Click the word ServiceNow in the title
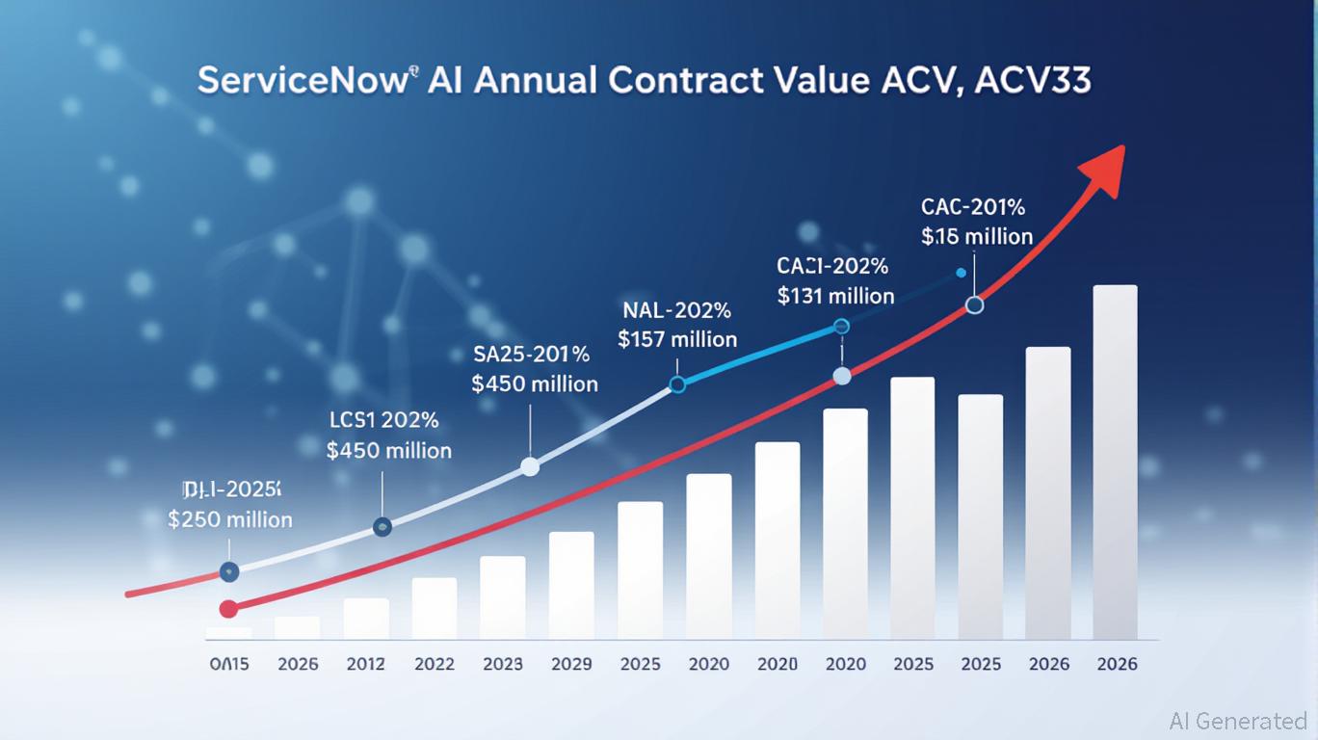click(302, 81)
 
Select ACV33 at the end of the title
click(1033, 81)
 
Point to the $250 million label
click(230, 519)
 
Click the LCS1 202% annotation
click(383, 420)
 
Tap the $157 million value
click(677, 339)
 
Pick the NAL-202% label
click(677, 311)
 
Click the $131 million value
click(835, 296)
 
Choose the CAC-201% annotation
click(973, 207)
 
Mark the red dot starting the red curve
click(228, 608)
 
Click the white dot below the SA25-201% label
click(529, 467)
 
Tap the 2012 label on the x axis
click(365, 664)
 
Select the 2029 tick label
click(571, 664)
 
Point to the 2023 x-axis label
click(503, 664)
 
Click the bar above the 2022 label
click(434, 608)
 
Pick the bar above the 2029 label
click(571, 585)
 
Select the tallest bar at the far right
click(1115, 462)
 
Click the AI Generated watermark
click(1238, 721)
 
